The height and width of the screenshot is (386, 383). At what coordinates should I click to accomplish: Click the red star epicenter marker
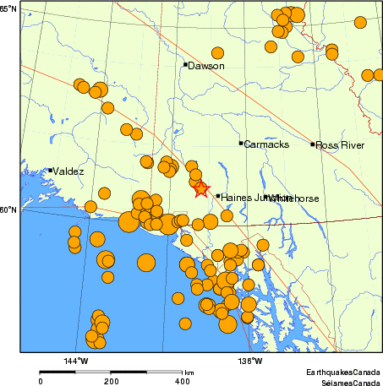click(x=200, y=188)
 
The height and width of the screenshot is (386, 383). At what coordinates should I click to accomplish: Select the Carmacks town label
click(x=266, y=145)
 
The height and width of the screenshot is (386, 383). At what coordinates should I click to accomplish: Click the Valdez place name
click(x=68, y=171)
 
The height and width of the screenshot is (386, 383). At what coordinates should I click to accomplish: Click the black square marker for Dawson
click(x=185, y=64)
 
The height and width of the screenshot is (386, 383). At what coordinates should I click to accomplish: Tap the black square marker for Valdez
click(x=51, y=171)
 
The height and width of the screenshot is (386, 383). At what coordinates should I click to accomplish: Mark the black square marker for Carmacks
click(x=241, y=144)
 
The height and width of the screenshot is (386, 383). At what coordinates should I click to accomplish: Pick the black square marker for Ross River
click(x=313, y=144)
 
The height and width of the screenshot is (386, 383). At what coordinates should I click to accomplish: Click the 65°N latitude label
click(x=8, y=8)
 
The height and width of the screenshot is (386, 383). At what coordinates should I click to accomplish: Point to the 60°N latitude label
click(x=8, y=210)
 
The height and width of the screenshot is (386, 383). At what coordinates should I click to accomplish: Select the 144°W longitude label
click(x=77, y=362)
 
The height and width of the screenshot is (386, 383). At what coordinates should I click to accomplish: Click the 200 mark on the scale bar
click(x=112, y=381)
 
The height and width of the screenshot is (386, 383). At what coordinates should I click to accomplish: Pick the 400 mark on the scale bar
click(x=182, y=381)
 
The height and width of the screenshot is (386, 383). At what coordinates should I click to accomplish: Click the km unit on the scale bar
click(x=189, y=372)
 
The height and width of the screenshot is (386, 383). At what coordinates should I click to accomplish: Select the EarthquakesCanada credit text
click(x=343, y=372)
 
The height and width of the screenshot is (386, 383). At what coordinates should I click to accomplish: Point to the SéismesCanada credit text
click(x=347, y=381)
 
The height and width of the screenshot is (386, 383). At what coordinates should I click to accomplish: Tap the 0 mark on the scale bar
click(x=41, y=381)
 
